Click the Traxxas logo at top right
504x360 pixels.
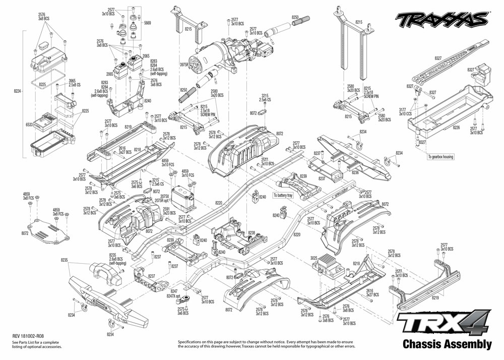tap(442, 20)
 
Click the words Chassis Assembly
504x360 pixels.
tap(447, 345)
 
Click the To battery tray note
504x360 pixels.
tap(283, 195)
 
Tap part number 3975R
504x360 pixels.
tap(183, 65)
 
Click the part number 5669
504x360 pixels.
tap(147, 23)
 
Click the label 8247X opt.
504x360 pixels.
tap(175, 295)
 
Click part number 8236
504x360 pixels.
tap(355, 172)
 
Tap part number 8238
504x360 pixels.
tap(251, 233)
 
